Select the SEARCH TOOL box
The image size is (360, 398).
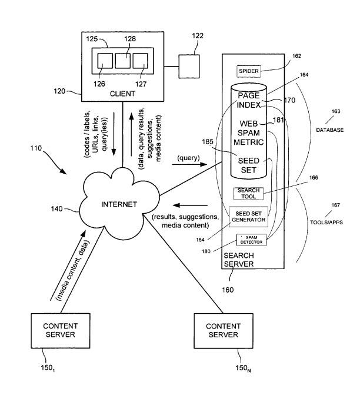tap(248, 193)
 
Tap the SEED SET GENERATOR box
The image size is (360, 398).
tap(248, 216)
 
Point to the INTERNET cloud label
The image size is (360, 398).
tap(119, 204)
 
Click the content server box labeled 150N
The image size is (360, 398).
tap(222, 330)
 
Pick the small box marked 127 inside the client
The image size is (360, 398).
tap(139, 62)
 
